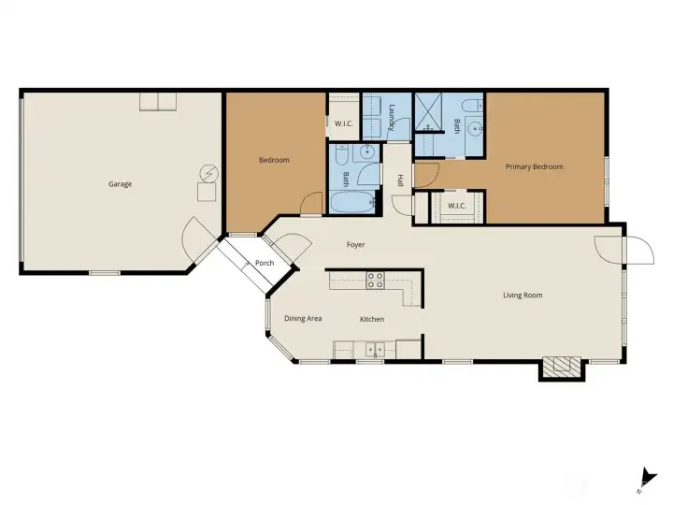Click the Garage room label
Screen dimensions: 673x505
tap(121, 184)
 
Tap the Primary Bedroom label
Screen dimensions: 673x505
tap(534, 166)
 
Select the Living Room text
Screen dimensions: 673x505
tap(523, 295)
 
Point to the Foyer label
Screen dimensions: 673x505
tap(355, 245)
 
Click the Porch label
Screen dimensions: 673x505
tap(265, 263)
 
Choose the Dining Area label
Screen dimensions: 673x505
tap(303, 318)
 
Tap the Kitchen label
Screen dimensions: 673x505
tap(372, 319)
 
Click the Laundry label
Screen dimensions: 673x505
tap(392, 118)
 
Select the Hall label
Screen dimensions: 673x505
tap(400, 180)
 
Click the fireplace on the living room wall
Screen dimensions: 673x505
tap(562, 368)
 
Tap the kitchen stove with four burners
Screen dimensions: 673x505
tap(375, 280)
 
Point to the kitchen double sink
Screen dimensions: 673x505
tap(375, 349)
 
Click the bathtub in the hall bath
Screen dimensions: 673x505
tap(352, 202)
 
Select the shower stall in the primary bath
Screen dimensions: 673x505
tap(428, 111)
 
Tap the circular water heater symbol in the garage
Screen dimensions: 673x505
tap(209, 174)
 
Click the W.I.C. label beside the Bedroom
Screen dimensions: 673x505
tap(343, 123)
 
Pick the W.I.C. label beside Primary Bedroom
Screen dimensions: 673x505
tap(457, 206)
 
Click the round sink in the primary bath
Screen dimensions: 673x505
tap(474, 128)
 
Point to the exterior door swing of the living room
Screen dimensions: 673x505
tap(640, 250)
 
